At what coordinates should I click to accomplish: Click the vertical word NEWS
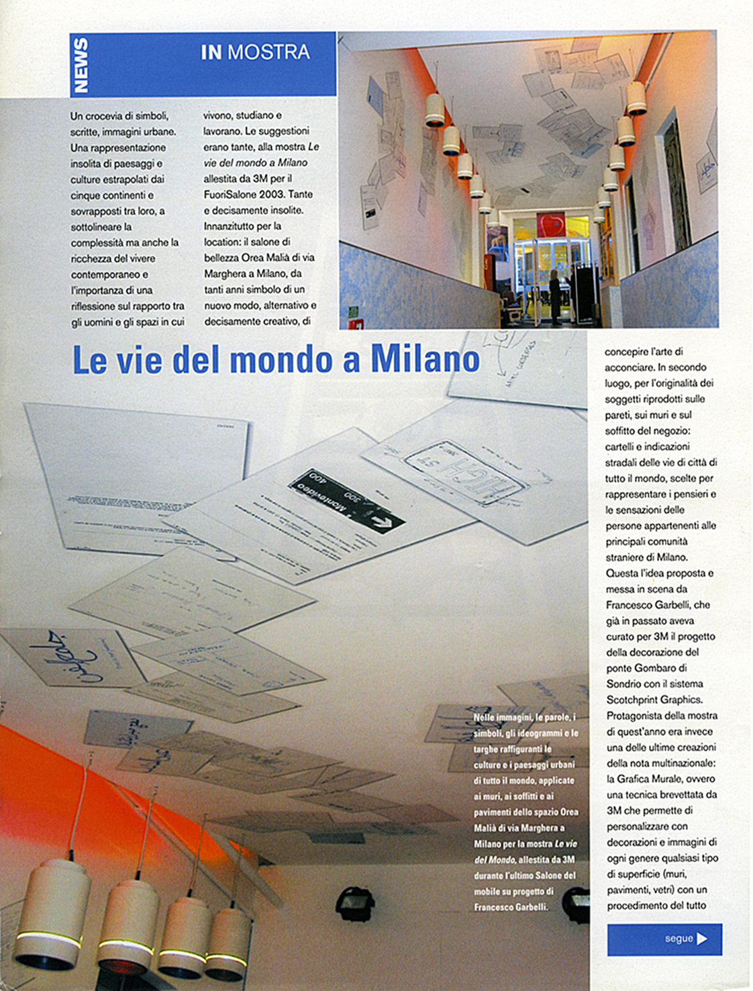point(81,64)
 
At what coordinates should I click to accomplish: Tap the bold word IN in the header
point(211,52)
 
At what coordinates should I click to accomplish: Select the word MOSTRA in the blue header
point(268,52)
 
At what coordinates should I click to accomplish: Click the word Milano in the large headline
point(425,359)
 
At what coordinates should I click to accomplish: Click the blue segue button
point(664,939)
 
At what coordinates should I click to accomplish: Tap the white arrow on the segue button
point(702,939)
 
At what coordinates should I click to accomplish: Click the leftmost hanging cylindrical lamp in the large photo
point(52,910)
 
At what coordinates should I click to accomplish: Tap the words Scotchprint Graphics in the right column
point(654,700)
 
